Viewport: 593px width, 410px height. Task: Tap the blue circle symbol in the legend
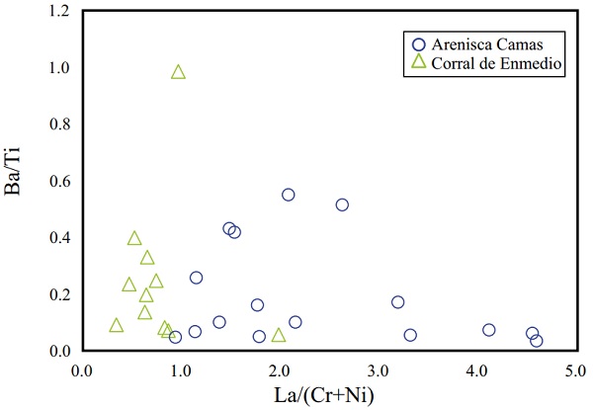[x=418, y=44]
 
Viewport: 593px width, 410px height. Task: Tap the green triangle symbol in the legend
[x=418, y=63]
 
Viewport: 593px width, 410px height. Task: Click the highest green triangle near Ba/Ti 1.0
[x=178, y=72]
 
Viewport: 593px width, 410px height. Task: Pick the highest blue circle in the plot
[x=289, y=195]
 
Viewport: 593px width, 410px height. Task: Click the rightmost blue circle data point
[x=537, y=341]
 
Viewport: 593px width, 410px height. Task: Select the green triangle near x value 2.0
[x=279, y=336]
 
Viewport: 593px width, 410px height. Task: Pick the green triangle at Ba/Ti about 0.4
[x=134, y=238]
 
